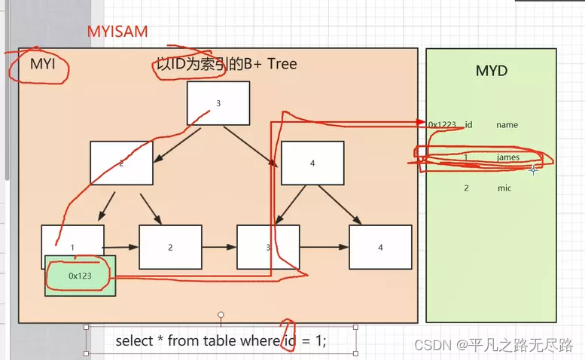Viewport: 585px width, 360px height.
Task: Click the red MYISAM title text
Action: tap(117, 31)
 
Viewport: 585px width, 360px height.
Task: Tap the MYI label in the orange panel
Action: tap(43, 65)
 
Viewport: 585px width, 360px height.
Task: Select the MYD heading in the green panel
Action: tap(491, 71)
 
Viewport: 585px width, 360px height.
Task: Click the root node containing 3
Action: tap(218, 103)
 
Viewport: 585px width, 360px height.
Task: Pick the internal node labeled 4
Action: tap(312, 163)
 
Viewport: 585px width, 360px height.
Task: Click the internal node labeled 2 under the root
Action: tap(121, 163)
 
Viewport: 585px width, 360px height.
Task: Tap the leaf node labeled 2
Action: tap(170, 247)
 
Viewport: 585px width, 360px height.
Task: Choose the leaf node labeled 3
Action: tap(268, 247)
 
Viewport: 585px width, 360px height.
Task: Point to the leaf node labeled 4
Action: tap(380, 247)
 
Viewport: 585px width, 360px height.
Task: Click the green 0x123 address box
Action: tap(80, 276)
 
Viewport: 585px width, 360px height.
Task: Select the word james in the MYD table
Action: tap(508, 157)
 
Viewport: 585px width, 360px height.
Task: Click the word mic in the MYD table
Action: tap(504, 188)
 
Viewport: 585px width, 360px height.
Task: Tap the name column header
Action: tap(507, 125)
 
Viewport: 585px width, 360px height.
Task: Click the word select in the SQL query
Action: tap(133, 341)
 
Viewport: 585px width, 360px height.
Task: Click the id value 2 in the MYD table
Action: tap(466, 188)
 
